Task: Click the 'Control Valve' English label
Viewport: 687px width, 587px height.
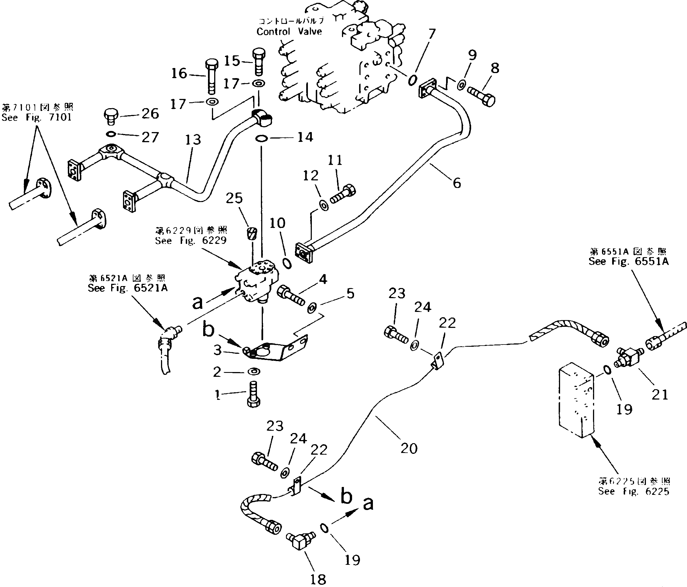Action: pos(289,31)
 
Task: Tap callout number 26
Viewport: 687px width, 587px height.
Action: pos(150,114)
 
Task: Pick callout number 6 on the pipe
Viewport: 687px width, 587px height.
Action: pos(456,182)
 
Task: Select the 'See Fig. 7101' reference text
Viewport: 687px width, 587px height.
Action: pos(37,117)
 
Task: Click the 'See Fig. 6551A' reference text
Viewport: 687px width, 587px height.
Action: pos(629,262)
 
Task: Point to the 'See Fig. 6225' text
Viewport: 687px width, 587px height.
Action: pos(634,491)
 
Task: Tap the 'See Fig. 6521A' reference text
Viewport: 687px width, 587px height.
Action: pos(128,288)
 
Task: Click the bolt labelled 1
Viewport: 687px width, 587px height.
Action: pos(253,394)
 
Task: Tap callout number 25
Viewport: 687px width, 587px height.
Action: pos(234,198)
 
